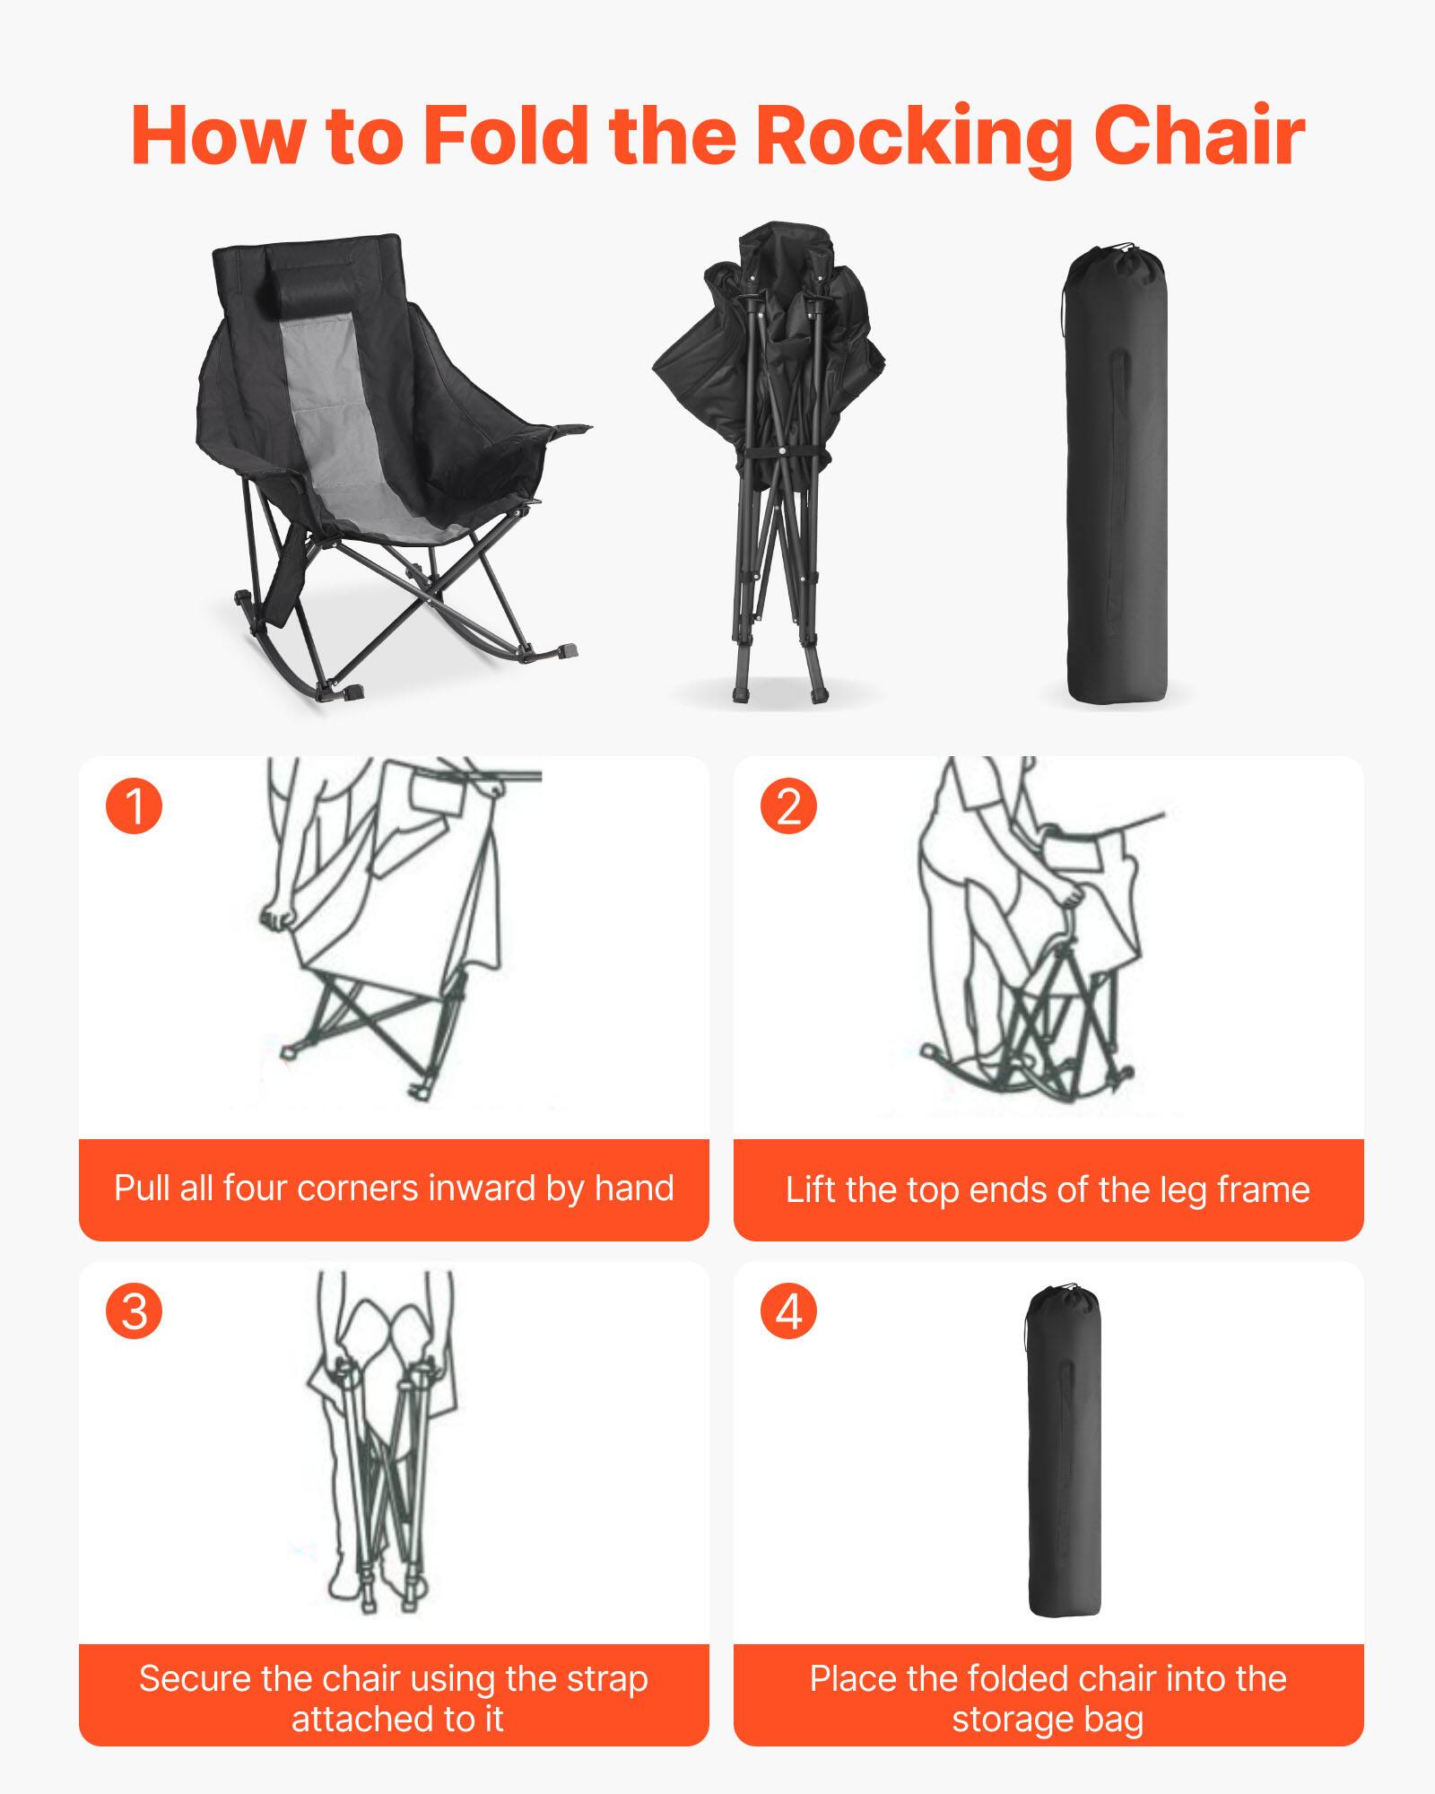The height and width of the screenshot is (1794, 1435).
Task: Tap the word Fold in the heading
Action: pos(505,136)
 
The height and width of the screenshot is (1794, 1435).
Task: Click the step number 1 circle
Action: pos(135,806)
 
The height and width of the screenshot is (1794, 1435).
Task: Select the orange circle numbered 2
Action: pos(788,806)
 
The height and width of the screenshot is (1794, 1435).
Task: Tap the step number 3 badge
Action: pos(135,1311)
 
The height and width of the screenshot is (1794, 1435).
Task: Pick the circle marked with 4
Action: pos(788,1311)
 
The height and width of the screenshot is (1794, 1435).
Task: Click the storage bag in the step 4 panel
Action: pos(1064,1453)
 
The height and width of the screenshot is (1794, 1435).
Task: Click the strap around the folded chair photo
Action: pos(778,455)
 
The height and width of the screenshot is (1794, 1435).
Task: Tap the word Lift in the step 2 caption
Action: pos(810,1190)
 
